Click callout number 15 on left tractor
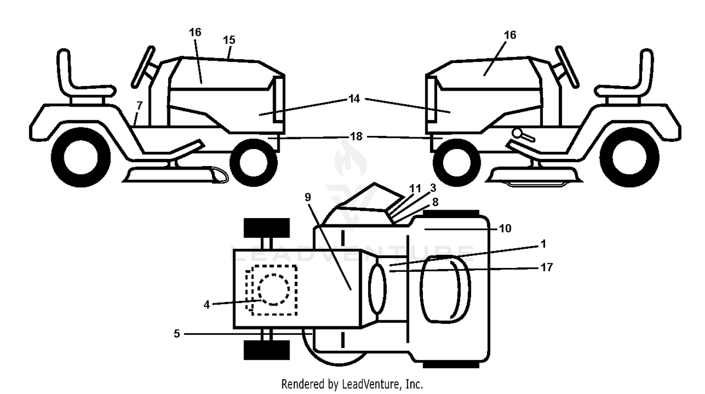click(x=229, y=40)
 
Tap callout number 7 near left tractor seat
click(x=140, y=105)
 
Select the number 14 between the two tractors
click(x=354, y=99)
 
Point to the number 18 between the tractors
click(x=356, y=136)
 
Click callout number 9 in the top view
click(x=308, y=197)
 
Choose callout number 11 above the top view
click(x=415, y=189)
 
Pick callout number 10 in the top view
click(x=505, y=229)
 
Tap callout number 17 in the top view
click(x=546, y=268)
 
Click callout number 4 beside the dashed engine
click(x=206, y=305)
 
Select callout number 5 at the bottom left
click(x=177, y=333)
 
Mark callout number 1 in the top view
click(x=543, y=244)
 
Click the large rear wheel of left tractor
click(x=81, y=157)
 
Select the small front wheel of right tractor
click(x=456, y=163)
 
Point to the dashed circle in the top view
click(x=274, y=290)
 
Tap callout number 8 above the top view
click(x=435, y=202)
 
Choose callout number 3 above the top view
click(x=433, y=188)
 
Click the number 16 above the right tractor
click(x=510, y=35)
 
